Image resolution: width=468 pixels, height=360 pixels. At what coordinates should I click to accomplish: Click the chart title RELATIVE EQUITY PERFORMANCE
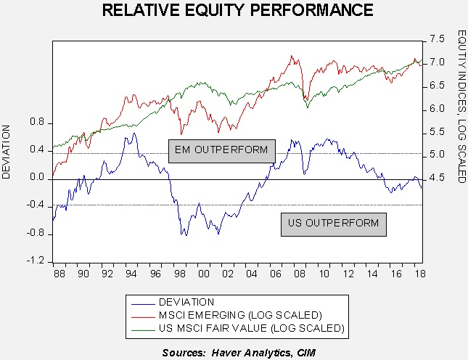click(x=237, y=10)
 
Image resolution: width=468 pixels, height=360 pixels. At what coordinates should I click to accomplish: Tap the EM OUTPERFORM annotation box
click(x=222, y=151)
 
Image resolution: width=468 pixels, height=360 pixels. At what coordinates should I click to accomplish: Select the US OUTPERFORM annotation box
click(x=334, y=224)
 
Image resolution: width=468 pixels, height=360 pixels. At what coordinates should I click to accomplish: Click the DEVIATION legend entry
click(x=173, y=302)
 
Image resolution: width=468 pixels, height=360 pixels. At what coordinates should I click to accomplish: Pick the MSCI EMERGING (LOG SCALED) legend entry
click(x=227, y=315)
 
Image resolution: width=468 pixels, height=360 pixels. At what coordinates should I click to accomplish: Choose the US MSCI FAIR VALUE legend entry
click(x=238, y=328)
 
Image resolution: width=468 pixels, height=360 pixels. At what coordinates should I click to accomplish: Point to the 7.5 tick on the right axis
click(x=437, y=38)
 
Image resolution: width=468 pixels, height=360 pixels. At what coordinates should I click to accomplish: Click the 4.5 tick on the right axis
click(x=437, y=179)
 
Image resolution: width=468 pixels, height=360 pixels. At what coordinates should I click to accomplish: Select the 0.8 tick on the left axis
click(x=37, y=122)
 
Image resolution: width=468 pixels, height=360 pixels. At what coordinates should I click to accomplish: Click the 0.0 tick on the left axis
click(x=37, y=178)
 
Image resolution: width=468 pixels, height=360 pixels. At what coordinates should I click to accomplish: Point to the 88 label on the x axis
click(x=59, y=274)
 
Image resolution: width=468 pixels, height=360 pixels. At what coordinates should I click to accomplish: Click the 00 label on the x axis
click(x=204, y=274)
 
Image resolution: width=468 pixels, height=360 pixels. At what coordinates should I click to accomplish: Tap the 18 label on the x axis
click(x=420, y=274)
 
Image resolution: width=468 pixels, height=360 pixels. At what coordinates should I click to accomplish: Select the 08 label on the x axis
click(x=300, y=274)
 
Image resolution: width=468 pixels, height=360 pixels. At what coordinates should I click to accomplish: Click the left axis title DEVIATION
click(x=6, y=152)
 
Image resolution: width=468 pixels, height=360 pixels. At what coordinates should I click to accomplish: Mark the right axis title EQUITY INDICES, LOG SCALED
click(x=461, y=106)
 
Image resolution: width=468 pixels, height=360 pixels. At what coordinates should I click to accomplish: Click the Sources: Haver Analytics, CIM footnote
click(x=239, y=353)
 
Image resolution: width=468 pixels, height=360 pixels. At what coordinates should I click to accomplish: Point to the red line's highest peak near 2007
click(x=291, y=55)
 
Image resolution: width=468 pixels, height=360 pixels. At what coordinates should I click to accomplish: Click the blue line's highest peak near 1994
click(x=134, y=133)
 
